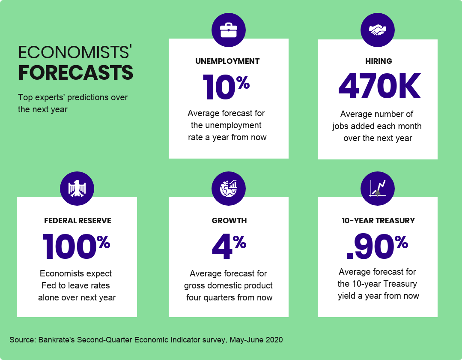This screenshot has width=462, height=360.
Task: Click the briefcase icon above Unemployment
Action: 228,30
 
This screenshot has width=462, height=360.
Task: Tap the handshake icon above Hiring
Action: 377,30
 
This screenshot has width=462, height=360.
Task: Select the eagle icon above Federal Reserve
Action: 77,189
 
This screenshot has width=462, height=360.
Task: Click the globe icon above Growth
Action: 228,189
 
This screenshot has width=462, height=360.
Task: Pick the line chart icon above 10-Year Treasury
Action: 377,189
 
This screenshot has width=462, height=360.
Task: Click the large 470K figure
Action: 379,87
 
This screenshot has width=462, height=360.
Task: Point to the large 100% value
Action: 76,247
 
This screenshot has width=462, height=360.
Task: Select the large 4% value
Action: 229,247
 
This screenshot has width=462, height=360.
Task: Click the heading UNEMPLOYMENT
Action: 227,61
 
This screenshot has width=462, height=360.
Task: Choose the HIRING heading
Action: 379,61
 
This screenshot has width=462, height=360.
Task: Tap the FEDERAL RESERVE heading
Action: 77,221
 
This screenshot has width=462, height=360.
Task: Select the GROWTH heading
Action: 229,221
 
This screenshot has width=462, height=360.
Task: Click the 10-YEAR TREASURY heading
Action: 378,221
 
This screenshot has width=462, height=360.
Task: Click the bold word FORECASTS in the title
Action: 76,73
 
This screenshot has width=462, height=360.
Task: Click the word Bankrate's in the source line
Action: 57,340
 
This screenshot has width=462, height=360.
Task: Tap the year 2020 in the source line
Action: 274,340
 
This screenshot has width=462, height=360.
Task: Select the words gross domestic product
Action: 228,285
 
